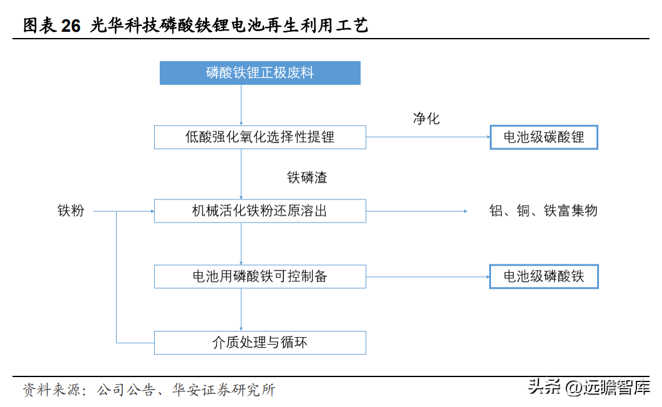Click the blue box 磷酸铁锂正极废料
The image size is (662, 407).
(260, 73)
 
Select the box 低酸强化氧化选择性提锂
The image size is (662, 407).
(260, 137)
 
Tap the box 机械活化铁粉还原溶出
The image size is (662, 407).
(260, 211)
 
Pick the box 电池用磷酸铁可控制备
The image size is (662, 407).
(260, 277)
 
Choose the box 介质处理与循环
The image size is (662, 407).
(260, 342)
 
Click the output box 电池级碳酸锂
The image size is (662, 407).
(544, 137)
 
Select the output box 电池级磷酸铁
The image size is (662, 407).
(544, 277)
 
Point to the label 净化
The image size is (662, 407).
(426, 118)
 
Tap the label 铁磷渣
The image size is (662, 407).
(308, 177)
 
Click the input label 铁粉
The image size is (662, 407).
(71, 211)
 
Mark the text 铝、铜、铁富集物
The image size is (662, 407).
(543, 211)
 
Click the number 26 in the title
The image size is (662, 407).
(71, 26)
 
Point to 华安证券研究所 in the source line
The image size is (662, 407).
(224, 390)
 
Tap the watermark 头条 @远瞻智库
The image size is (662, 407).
(589, 387)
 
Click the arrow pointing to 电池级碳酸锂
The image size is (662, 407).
(428, 137)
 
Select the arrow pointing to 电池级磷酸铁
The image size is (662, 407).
(427, 277)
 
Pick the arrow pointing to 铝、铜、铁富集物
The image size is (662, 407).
(417, 211)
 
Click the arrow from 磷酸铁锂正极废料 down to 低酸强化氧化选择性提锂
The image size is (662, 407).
(241, 105)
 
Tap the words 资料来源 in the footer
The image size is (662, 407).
(51, 390)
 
